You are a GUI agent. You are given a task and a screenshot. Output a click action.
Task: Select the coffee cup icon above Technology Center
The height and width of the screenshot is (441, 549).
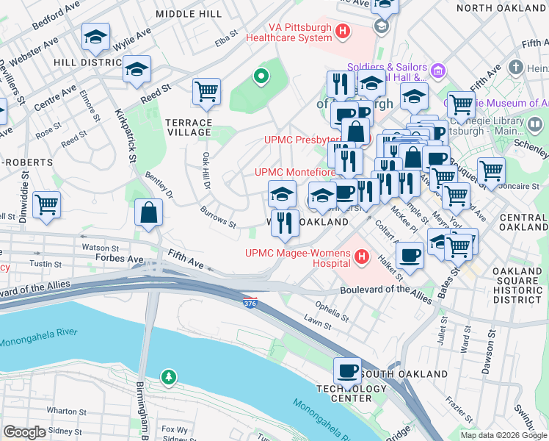(347, 370)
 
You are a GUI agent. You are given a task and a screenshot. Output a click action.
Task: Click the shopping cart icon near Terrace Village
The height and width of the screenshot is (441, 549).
(206, 91)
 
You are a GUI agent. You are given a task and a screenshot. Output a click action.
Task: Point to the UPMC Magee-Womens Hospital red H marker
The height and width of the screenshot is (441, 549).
(361, 257)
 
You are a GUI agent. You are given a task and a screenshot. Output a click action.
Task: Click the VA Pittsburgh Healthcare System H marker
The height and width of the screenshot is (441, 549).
(342, 32)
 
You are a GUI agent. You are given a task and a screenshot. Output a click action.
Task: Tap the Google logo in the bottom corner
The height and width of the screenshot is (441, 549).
(25, 432)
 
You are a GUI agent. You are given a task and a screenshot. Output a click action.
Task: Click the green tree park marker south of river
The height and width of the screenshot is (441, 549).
(170, 377)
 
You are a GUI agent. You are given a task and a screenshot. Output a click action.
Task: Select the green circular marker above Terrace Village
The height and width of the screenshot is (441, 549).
(259, 75)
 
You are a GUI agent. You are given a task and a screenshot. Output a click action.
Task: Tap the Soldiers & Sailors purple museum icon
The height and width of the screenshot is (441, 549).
(438, 71)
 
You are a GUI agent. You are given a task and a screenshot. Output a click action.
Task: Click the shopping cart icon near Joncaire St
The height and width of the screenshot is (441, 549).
(490, 171)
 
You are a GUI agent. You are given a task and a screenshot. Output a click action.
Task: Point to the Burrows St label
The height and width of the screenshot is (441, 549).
(218, 218)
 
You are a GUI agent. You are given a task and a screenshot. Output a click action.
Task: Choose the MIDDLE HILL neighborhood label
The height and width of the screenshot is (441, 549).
(189, 14)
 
